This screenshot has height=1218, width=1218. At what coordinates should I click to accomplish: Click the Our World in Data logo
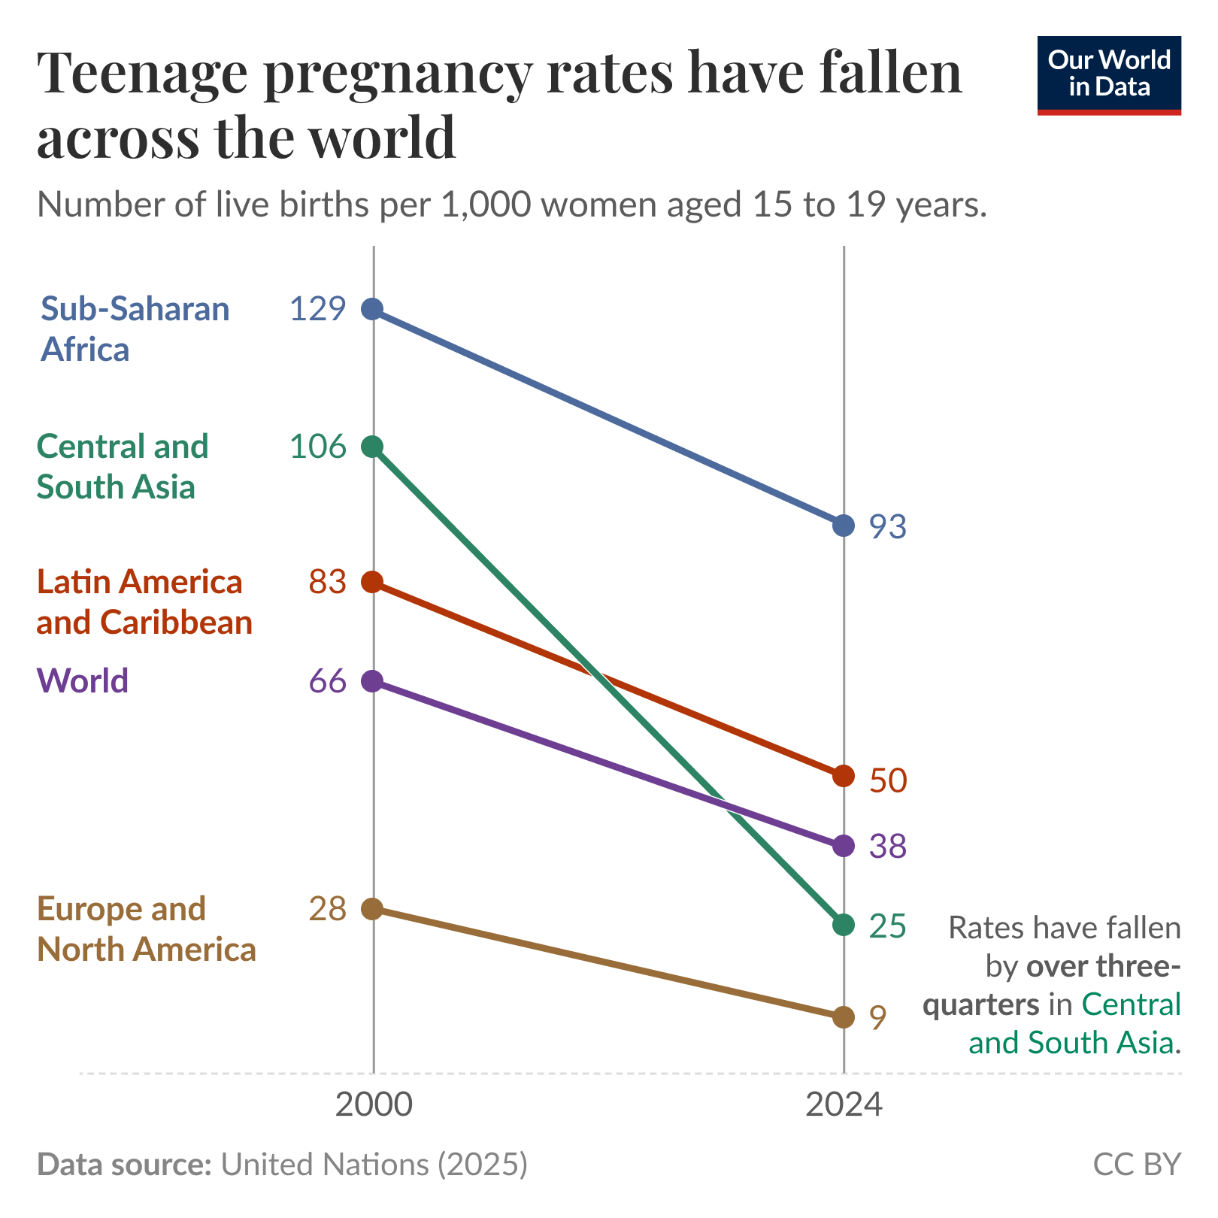pos(1109,75)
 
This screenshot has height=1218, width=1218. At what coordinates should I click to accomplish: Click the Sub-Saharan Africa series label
pos(135,329)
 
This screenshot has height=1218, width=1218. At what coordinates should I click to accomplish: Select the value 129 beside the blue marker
pos(318,309)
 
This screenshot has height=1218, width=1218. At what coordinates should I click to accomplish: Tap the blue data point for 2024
pos(844,525)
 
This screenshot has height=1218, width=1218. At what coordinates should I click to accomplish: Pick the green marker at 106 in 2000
pos(372,447)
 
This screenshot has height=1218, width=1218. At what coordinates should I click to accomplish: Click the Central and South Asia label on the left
pos(123,466)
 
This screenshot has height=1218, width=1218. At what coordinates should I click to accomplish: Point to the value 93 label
pos(888,527)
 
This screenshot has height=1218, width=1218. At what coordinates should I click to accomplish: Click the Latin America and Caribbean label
pos(144,601)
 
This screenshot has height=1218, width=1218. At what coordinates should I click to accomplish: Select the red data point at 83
pos(372,582)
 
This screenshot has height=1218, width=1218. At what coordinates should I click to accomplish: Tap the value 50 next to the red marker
pos(888,780)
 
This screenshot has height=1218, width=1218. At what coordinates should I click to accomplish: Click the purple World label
pos(83,680)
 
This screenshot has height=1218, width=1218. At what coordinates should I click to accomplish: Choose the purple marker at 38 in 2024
pos(844,845)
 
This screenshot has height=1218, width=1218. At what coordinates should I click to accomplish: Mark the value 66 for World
pos(328,681)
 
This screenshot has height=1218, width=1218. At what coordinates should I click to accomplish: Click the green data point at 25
pos(844,925)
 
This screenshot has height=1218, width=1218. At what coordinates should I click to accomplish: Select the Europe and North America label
pos(147,929)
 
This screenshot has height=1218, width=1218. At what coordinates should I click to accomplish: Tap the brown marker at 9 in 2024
pos(844,1017)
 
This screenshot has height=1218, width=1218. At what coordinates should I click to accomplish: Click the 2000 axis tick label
pos(374,1106)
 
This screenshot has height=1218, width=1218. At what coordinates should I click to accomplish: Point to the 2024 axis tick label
pos(844,1106)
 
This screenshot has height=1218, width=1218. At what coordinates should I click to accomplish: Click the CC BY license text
pos(1137,1164)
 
